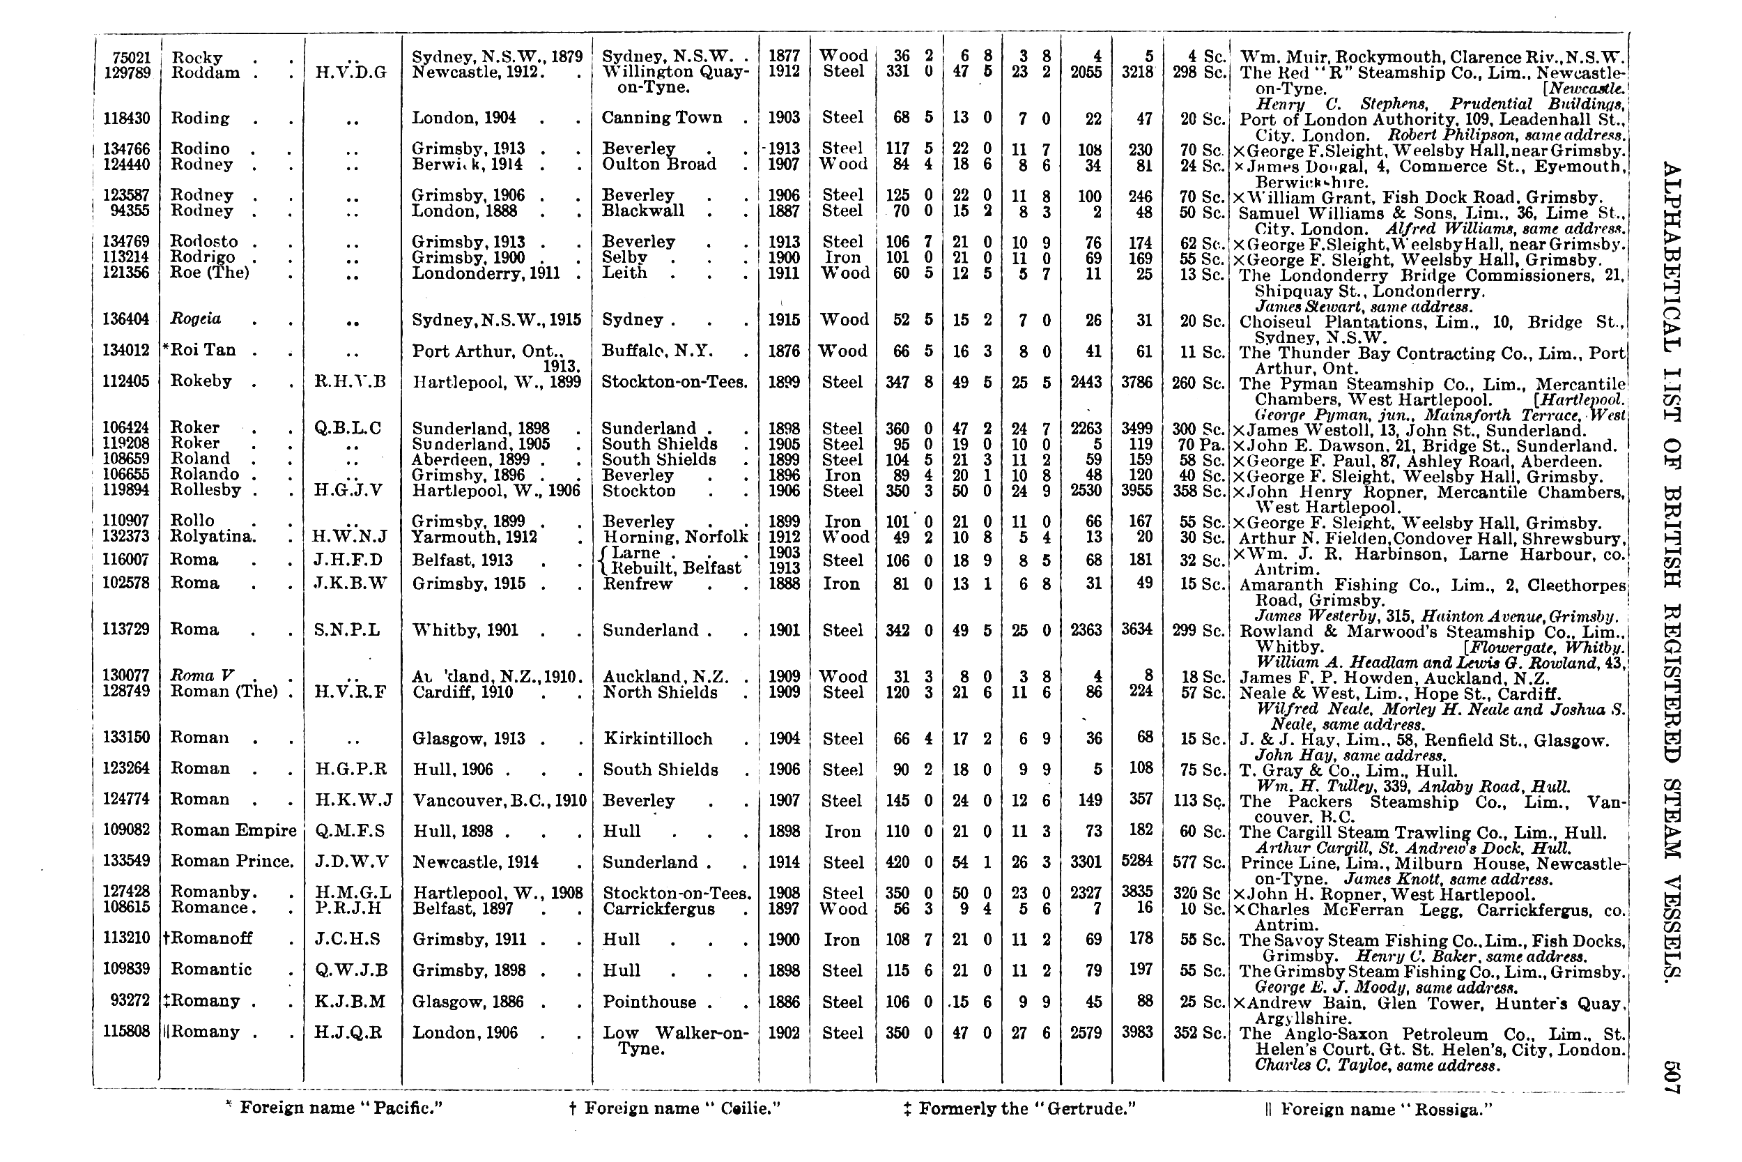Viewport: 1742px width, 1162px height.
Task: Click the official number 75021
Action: [131, 57]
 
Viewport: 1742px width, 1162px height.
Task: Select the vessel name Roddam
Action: [205, 72]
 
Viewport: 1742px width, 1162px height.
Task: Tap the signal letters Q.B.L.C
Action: [348, 427]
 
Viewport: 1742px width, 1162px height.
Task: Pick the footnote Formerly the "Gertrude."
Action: [1020, 1108]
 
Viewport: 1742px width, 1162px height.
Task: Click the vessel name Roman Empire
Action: [233, 830]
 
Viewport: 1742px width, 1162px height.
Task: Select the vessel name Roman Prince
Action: [232, 861]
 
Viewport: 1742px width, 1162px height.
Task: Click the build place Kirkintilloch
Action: [658, 738]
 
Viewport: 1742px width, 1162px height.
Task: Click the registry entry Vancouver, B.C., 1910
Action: [499, 800]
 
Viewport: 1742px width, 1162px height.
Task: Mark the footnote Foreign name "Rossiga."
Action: [1378, 1108]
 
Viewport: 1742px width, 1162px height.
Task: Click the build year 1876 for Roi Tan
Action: [784, 351]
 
